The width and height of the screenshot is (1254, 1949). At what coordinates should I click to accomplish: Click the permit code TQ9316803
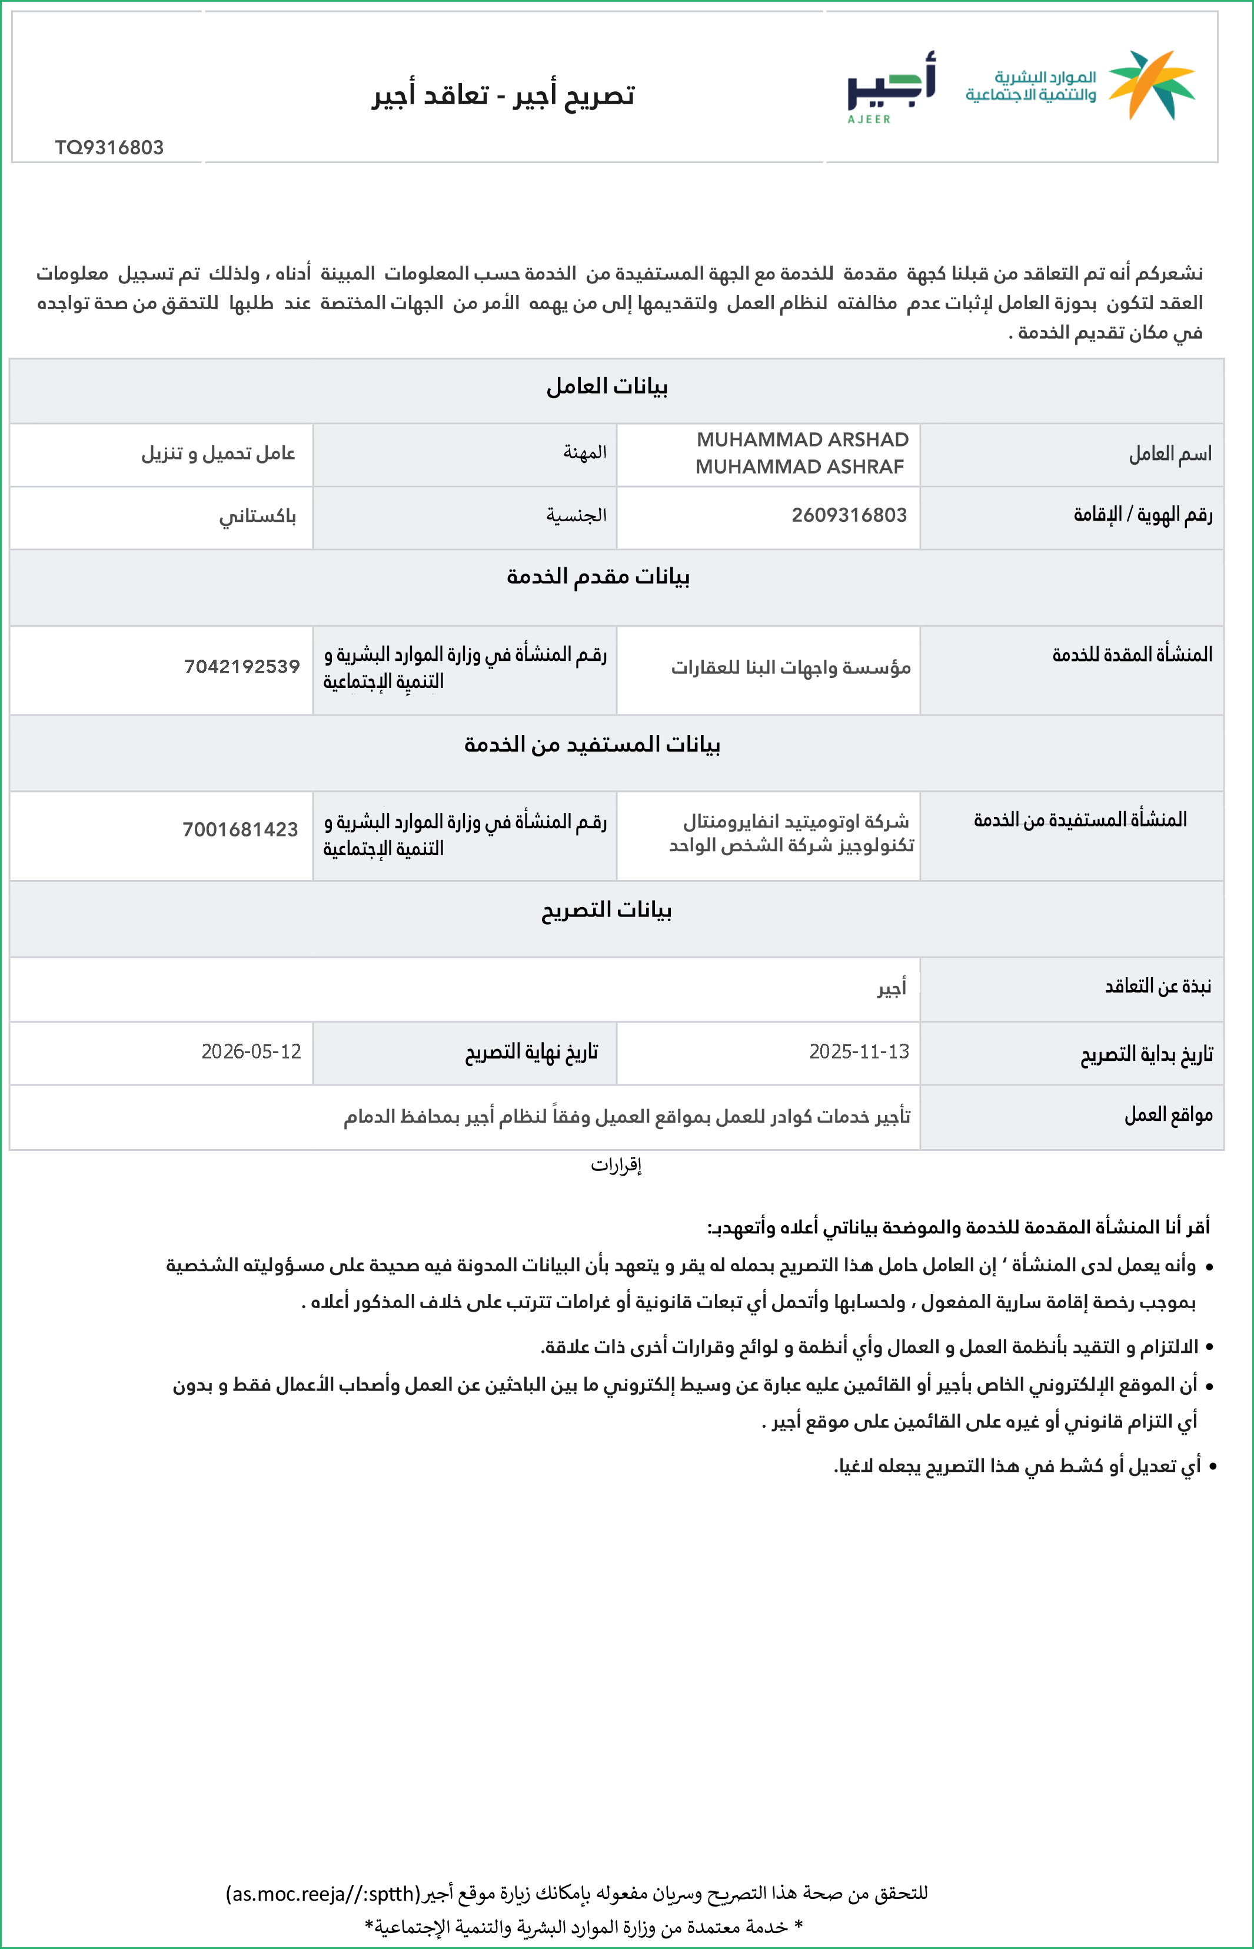(x=109, y=147)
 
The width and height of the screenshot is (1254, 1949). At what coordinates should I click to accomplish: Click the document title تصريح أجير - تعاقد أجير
(x=503, y=95)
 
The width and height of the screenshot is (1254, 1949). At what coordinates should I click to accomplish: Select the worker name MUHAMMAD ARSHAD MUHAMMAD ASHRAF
(x=801, y=453)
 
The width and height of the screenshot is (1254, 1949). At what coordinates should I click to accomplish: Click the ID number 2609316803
(x=849, y=515)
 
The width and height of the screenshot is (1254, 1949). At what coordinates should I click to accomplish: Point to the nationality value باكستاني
(x=257, y=517)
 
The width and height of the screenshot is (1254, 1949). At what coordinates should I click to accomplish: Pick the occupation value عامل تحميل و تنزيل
(x=218, y=453)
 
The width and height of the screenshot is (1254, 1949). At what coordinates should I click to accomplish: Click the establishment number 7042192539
(x=242, y=667)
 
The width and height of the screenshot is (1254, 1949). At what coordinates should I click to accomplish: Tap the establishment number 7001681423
(x=240, y=829)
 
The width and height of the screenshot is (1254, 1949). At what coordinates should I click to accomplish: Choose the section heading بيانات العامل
(x=607, y=386)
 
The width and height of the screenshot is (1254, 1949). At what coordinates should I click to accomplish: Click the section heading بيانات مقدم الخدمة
(x=598, y=576)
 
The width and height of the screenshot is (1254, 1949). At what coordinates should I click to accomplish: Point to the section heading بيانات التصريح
(x=607, y=909)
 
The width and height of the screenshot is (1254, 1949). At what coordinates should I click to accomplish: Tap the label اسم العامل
(x=1169, y=454)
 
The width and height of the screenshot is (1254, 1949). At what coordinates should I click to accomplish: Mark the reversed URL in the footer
(x=323, y=1894)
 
